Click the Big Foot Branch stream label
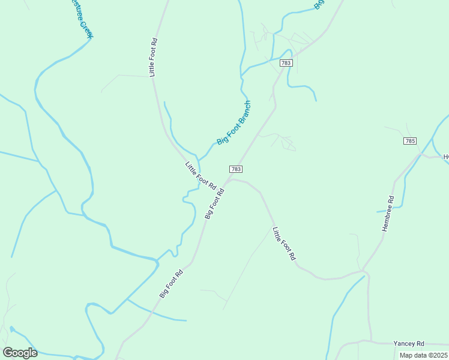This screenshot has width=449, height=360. pyautogui.click(x=234, y=122)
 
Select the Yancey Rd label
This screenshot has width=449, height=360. pyautogui.click(x=408, y=343)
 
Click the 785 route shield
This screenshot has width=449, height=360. pyautogui.click(x=410, y=140)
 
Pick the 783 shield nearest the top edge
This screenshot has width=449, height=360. pyautogui.click(x=286, y=63)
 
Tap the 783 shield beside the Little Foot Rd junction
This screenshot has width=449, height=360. pyautogui.click(x=236, y=170)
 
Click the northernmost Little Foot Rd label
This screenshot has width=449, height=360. pyautogui.click(x=153, y=57)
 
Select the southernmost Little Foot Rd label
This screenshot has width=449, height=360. pyautogui.click(x=284, y=243)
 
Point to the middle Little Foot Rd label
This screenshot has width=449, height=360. pyautogui.click(x=200, y=176)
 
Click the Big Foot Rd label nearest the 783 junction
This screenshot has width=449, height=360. pyautogui.click(x=214, y=203)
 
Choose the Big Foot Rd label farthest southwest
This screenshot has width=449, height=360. pyautogui.click(x=171, y=283)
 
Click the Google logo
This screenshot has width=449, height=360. pyautogui.click(x=20, y=352)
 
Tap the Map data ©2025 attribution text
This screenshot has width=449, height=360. pyautogui.click(x=423, y=355)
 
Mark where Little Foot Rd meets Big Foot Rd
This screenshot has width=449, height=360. pyautogui.click(x=228, y=179)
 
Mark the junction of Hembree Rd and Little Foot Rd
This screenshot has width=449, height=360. pyautogui.click(x=364, y=272)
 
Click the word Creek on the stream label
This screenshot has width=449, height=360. pyautogui.click(x=87, y=31)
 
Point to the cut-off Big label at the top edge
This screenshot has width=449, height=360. pyautogui.click(x=319, y=4)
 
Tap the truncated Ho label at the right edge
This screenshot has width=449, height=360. pyautogui.click(x=445, y=157)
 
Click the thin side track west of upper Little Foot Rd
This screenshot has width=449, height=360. pyautogui.click(x=123, y=76)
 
